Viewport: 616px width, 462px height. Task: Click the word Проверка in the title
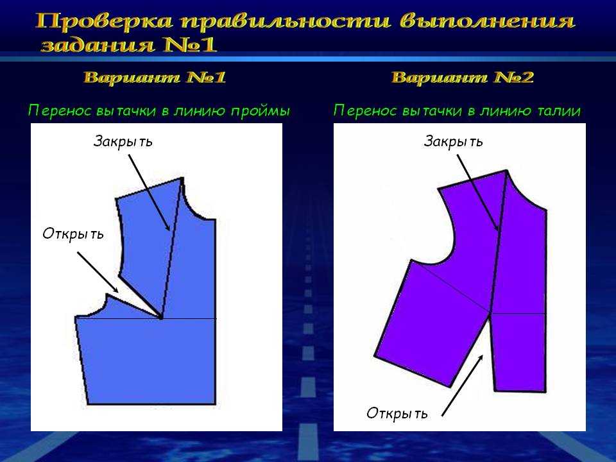(x=104, y=21)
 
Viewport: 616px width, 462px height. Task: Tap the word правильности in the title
(x=286, y=21)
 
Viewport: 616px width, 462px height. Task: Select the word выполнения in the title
(x=488, y=21)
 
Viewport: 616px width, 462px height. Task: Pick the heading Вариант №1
(x=155, y=77)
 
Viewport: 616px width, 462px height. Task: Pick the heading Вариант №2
(x=463, y=77)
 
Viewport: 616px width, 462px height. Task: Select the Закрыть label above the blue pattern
(x=123, y=141)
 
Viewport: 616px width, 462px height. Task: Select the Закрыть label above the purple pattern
(x=453, y=141)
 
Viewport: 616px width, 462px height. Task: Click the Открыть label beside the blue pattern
(x=73, y=234)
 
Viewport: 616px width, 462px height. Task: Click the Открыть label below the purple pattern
(x=397, y=413)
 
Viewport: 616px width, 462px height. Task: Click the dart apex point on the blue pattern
(x=160, y=318)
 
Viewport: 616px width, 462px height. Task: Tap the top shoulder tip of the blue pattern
(x=182, y=178)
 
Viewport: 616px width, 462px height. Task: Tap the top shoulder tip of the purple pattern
(x=506, y=171)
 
